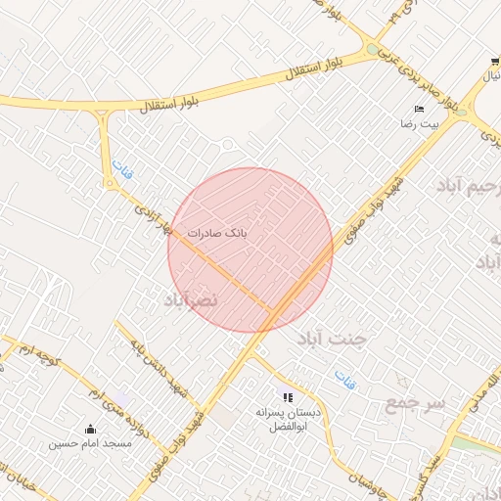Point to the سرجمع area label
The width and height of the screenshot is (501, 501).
(416, 402)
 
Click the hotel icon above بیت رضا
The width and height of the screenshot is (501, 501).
(419, 109)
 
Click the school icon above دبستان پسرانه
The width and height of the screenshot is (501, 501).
(288, 396)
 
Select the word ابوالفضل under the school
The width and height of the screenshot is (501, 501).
(288, 428)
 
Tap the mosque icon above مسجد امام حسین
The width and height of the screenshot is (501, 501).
(91, 428)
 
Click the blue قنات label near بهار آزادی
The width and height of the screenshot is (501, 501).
(120, 172)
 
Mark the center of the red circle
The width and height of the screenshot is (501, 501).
(250, 250)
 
